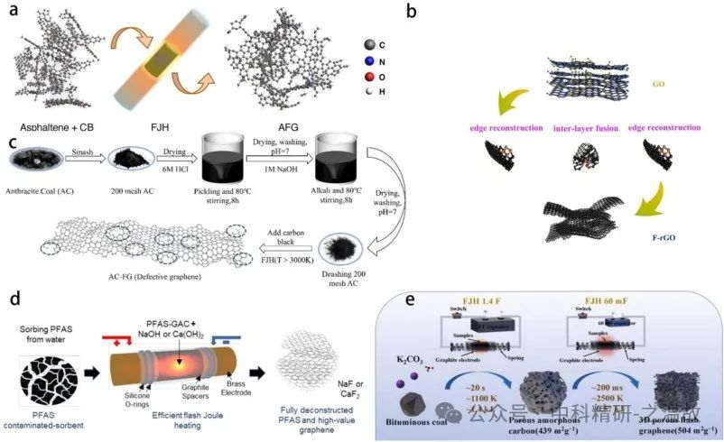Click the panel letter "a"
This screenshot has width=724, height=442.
click(15, 14)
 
